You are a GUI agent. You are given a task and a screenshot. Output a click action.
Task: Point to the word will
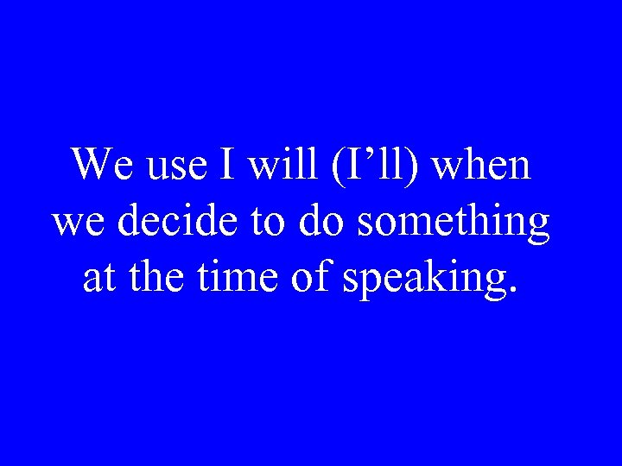point(282,164)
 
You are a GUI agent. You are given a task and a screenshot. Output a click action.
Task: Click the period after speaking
point(516,291)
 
